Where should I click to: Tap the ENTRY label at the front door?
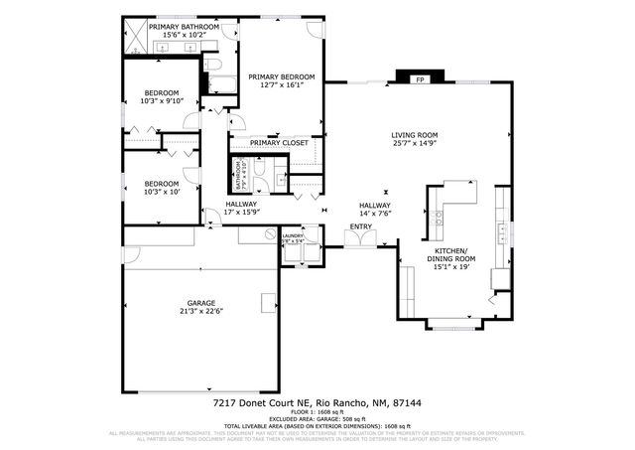pos(360,227)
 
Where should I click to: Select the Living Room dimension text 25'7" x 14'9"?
pos(414,144)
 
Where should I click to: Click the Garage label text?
pos(201,302)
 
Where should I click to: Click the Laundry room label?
pos(294,236)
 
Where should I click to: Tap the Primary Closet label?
pos(279,143)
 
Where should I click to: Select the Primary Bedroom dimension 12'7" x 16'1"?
pos(281,85)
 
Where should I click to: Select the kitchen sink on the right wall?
pos(505,230)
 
